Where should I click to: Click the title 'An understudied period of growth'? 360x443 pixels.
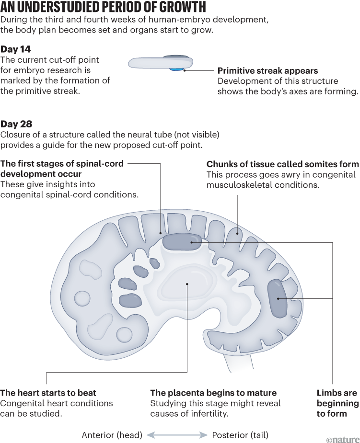[x=103, y=8]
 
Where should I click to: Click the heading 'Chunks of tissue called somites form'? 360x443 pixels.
[x=282, y=164]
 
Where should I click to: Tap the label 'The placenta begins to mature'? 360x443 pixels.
[x=213, y=393]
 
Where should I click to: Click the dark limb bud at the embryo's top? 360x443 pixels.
[x=182, y=241]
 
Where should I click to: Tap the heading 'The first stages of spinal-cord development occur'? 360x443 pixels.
[x=62, y=169]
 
